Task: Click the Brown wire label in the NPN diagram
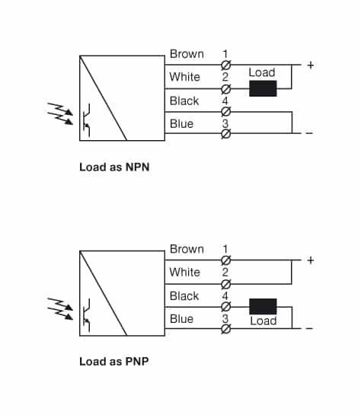pyautogui.click(x=187, y=54)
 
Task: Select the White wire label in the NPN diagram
pyautogui.click(x=185, y=77)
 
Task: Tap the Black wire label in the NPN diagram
pyautogui.click(x=184, y=101)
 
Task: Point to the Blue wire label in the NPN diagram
pyautogui.click(x=182, y=124)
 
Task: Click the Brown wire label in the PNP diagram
pyautogui.click(x=187, y=249)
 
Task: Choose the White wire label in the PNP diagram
pyautogui.click(x=185, y=272)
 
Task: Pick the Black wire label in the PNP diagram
pyautogui.click(x=184, y=295)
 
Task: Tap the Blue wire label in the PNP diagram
pyautogui.click(x=182, y=319)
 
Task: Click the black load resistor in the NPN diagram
pyautogui.click(x=263, y=88)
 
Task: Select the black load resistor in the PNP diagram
pyautogui.click(x=263, y=306)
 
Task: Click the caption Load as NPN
pyautogui.click(x=114, y=167)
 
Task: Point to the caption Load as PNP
pyautogui.click(x=114, y=362)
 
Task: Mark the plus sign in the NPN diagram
pyautogui.click(x=310, y=65)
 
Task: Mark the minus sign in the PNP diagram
pyautogui.click(x=309, y=329)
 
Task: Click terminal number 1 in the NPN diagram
pyautogui.click(x=225, y=54)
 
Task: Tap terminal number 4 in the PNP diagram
pyautogui.click(x=225, y=295)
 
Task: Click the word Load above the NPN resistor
pyautogui.click(x=262, y=73)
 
